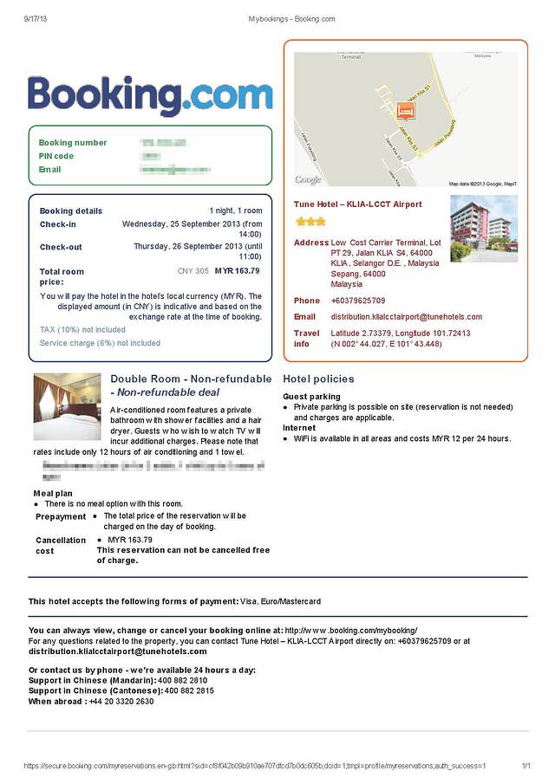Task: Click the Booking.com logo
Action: pos(150,96)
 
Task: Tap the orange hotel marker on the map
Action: pos(404,110)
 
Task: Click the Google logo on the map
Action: pos(308,180)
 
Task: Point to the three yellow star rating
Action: pos(310,222)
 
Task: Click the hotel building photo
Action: pos(483,229)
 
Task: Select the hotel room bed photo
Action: pos(67,406)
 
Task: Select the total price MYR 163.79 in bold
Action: pos(237,271)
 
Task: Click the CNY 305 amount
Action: pos(193,271)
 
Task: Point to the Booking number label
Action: pos(73,143)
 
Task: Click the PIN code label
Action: pos(56,156)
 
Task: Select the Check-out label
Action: pos(61,247)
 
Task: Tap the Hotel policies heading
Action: pos(318,379)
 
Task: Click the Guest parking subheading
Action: pos(311,397)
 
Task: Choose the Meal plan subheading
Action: pos(53,494)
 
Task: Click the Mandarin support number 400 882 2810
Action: pos(180,681)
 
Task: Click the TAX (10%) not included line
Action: pos(82,330)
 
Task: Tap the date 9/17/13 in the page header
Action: pos(36,18)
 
